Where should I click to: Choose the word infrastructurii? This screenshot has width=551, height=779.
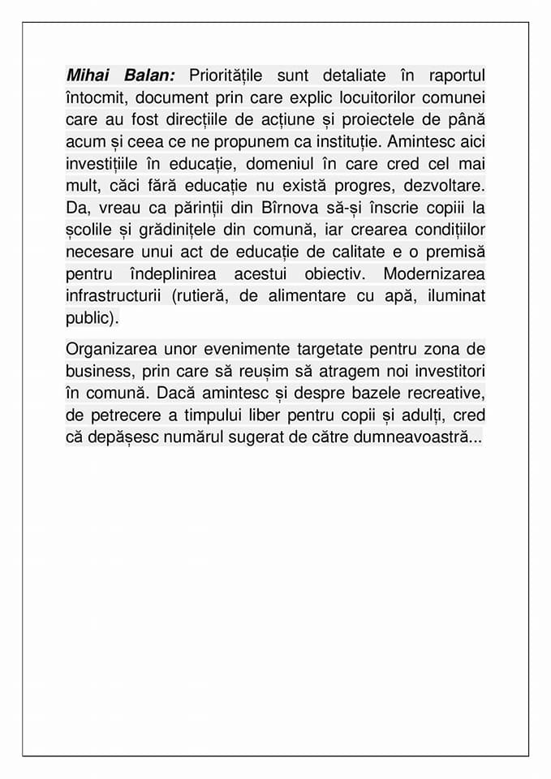(x=114, y=295)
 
